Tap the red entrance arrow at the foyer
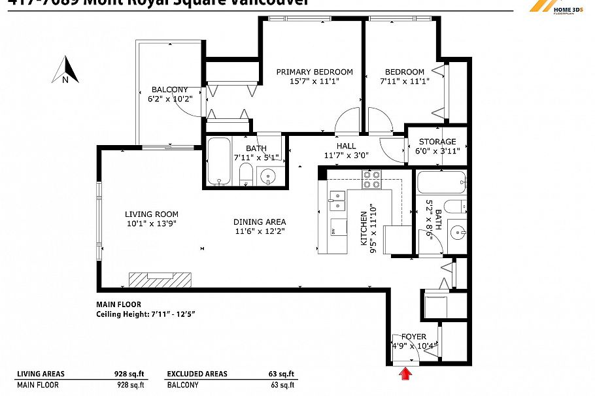pos(405,373)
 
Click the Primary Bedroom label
pos(314,72)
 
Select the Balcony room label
pos(169,90)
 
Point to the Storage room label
pos(437,142)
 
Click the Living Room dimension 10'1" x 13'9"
pos(151,223)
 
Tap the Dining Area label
pos(260,222)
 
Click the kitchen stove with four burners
pos(372,179)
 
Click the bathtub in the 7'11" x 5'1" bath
pos(218,161)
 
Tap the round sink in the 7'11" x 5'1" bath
pos(269,175)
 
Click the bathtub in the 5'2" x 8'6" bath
pos(441,181)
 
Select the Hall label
pos(347,146)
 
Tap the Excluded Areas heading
pos(197,374)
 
